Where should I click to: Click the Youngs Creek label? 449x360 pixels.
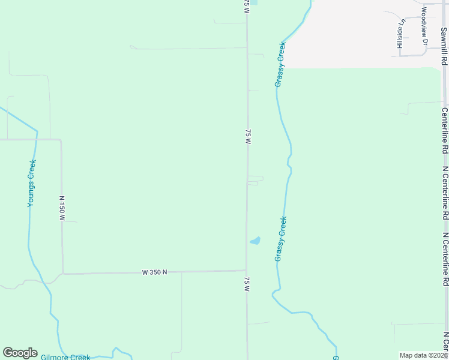pos(32,184)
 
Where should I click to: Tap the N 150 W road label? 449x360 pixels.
pos(61,208)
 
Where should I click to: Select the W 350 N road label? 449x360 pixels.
pos(154,272)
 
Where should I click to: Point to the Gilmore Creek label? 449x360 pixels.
pos(65,357)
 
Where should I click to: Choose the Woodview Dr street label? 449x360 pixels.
pos(423,26)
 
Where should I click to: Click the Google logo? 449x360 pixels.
pos(20,353)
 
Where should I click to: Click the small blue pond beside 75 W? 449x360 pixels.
pos(255,241)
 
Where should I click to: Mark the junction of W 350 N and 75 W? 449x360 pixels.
pos(246,271)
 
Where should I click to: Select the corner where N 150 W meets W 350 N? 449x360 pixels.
pos(62,274)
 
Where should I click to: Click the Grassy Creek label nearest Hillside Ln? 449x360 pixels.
pos(280,64)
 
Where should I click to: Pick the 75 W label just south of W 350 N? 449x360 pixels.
pos(247,284)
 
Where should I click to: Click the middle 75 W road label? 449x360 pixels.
pos(247,136)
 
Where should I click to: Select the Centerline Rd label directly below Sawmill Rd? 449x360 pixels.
pos(445,130)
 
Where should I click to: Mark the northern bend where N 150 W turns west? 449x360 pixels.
pos(61,140)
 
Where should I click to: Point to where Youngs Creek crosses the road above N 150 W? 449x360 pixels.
pos(35,139)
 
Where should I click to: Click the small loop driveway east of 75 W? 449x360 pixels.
pos(255,180)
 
